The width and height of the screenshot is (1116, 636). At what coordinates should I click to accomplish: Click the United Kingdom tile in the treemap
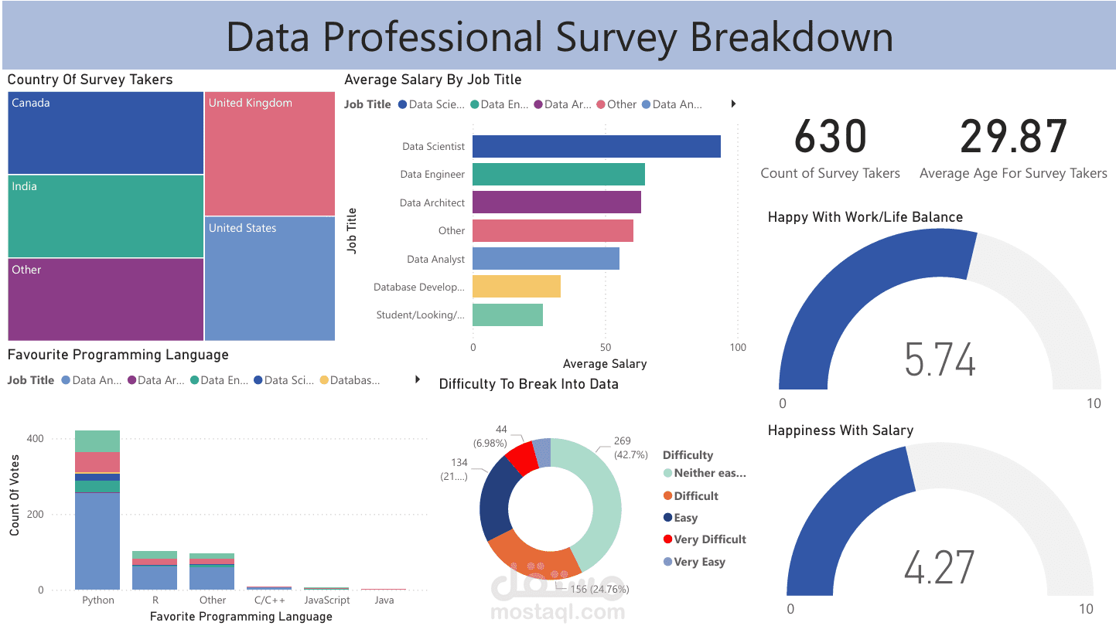(270, 154)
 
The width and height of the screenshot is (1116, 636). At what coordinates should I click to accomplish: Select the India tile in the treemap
(106, 216)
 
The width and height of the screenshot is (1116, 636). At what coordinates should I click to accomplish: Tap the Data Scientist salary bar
(596, 146)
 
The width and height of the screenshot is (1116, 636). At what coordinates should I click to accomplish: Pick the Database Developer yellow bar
(516, 287)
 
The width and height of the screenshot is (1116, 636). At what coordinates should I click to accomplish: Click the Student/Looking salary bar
(507, 315)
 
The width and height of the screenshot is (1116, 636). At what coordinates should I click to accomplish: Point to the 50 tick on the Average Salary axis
(606, 348)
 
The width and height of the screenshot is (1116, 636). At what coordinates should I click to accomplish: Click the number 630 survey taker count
(830, 137)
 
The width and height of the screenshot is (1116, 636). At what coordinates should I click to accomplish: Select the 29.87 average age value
(1013, 137)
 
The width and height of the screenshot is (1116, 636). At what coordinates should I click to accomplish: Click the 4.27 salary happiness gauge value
(940, 568)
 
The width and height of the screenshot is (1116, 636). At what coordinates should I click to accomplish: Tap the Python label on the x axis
(97, 600)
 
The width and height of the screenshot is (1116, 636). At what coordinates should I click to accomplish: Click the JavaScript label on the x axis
(326, 600)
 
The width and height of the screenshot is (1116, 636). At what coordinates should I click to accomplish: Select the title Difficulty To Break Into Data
(528, 384)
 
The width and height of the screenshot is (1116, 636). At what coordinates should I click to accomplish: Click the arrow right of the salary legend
(733, 104)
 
